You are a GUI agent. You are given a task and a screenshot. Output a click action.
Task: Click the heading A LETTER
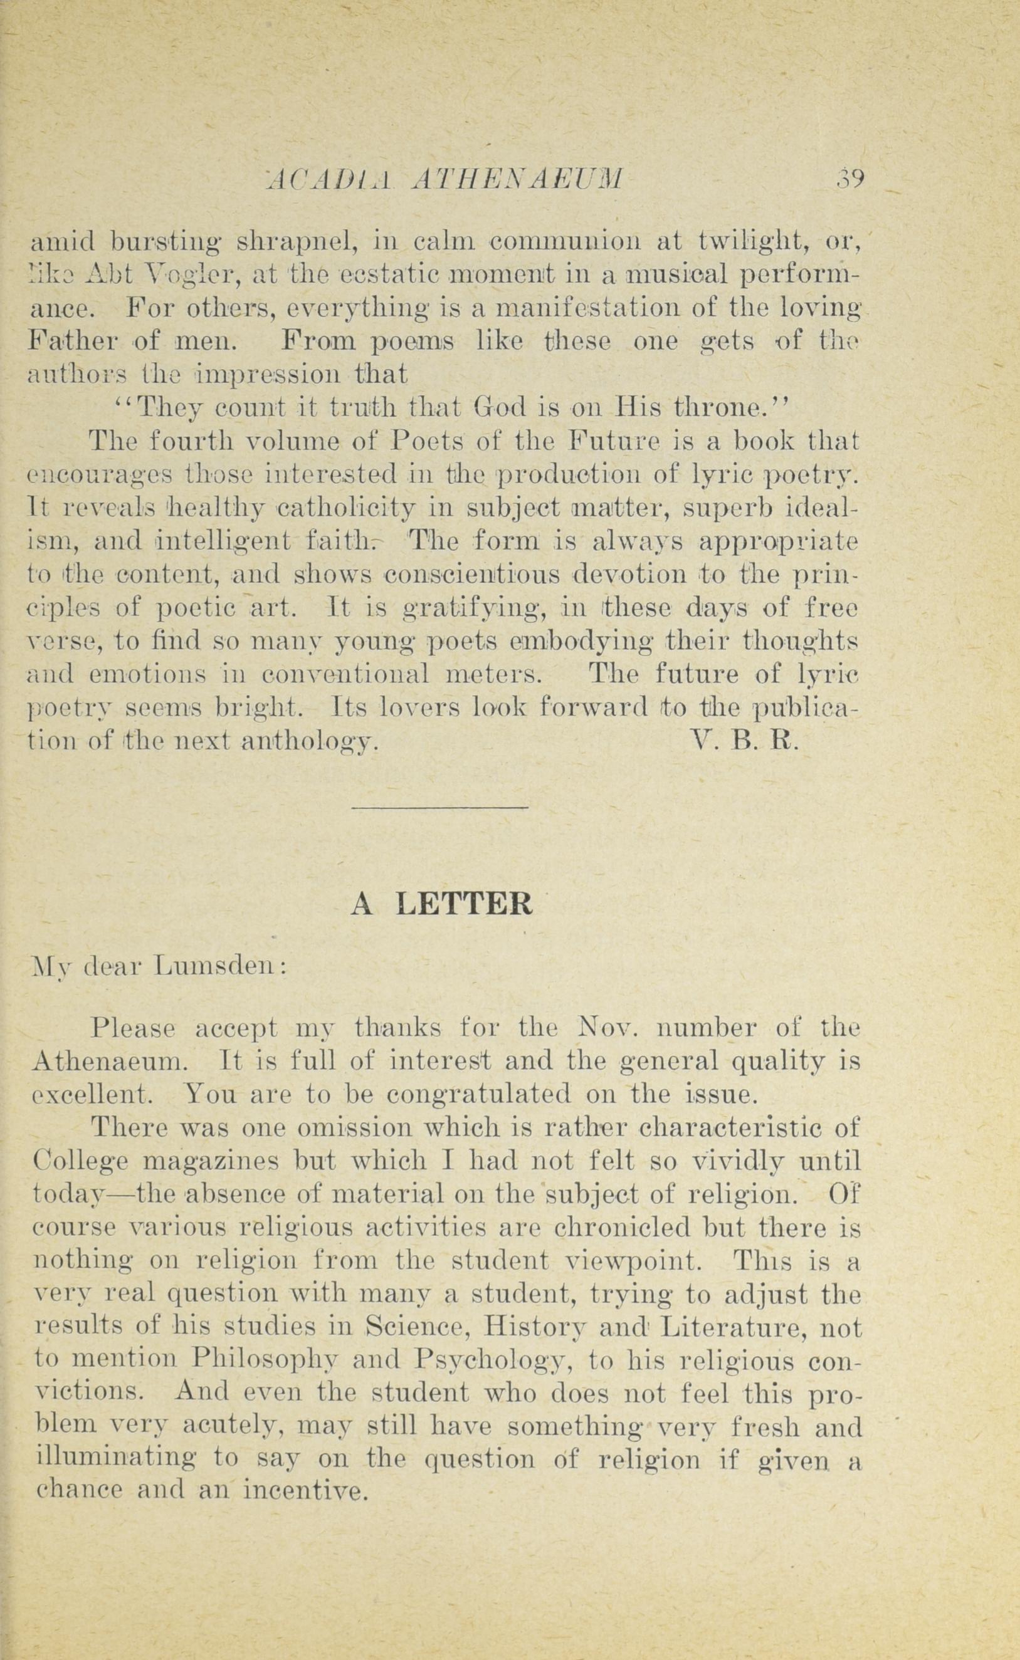pyautogui.click(x=442, y=905)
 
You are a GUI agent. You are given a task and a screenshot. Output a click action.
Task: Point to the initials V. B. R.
pyautogui.click(x=745, y=743)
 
